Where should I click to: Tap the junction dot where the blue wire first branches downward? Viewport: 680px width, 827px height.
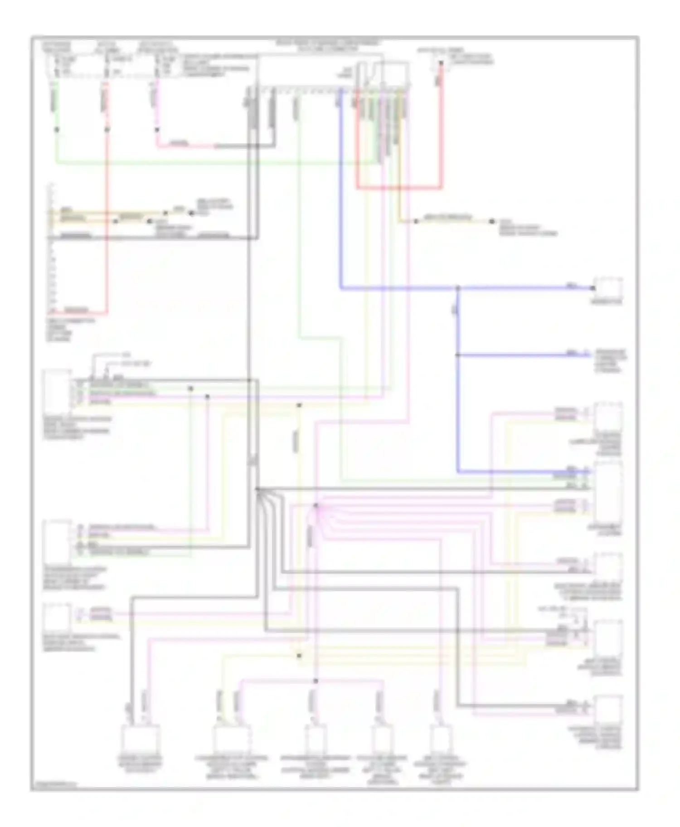point(458,288)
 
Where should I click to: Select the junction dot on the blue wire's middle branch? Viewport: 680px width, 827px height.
point(457,355)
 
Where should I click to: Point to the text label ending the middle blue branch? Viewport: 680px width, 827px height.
point(610,360)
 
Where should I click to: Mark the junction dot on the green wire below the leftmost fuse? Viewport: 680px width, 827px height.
point(57,129)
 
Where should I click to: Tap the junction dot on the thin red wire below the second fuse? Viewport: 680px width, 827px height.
point(107,129)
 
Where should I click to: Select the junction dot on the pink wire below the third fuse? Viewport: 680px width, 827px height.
point(157,130)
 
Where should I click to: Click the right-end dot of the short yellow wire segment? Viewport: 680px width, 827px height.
point(492,221)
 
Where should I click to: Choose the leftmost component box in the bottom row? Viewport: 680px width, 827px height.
point(141,739)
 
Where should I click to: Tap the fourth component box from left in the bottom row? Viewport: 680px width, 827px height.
point(382,739)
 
